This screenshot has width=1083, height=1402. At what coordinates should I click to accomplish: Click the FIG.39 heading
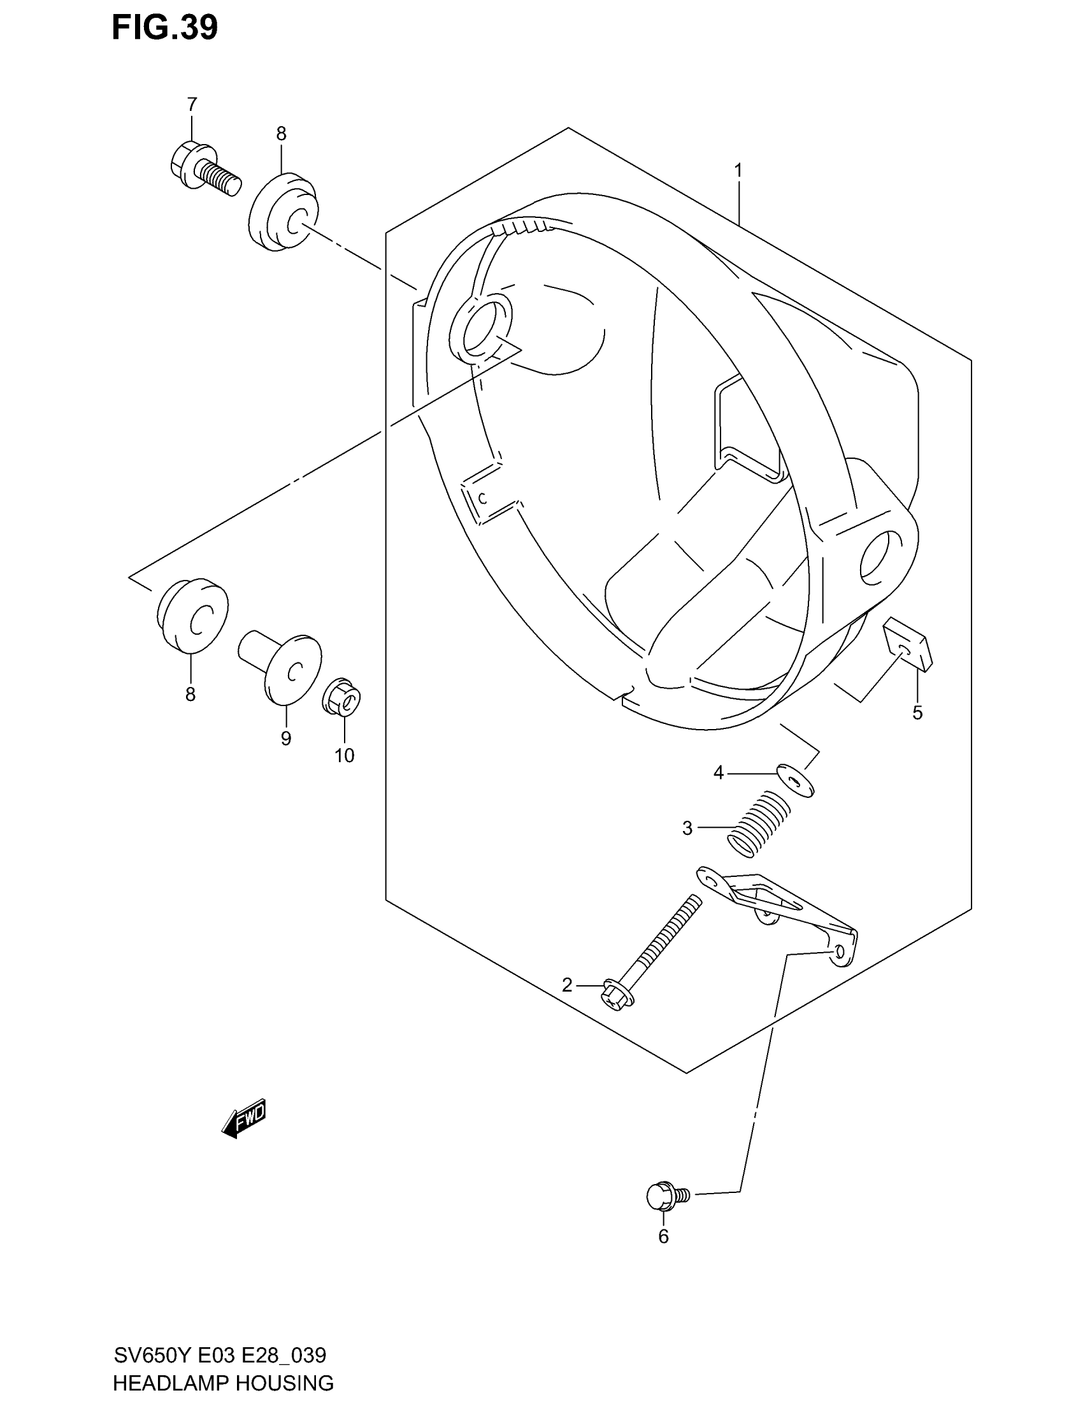pyautogui.click(x=165, y=27)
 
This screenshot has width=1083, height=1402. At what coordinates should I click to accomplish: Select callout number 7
pyautogui.click(x=192, y=104)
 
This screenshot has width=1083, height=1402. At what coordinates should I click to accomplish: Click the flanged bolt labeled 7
pyautogui.click(x=204, y=168)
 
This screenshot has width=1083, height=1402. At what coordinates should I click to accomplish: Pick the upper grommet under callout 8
pyautogui.click(x=283, y=212)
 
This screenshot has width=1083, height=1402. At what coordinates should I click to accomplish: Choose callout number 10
pyautogui.click(x=344, y=756)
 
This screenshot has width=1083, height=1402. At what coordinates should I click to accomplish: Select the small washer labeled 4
pyautogui.click(x=796, y=780)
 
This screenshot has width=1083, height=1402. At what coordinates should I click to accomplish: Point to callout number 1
pyautogui.click(x=738, y=171)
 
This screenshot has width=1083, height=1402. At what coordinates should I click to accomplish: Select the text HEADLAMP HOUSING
pyautogui.click(x=223, y=1382)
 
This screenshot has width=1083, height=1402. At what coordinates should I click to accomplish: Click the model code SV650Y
pyautogui.click(x=153, y=1355)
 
